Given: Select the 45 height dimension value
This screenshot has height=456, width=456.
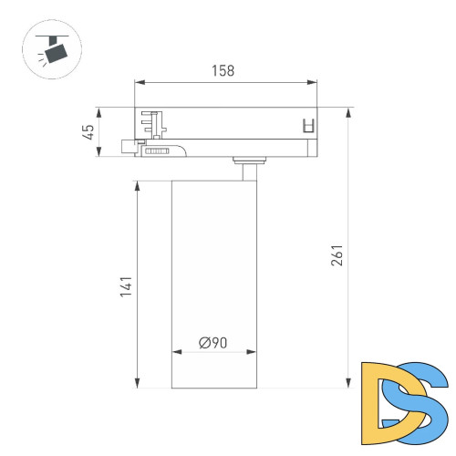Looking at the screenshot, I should click(88, 132).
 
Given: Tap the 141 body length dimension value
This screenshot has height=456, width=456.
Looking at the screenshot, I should click(127, 285).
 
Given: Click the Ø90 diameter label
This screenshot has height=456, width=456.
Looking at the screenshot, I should click(213, 343).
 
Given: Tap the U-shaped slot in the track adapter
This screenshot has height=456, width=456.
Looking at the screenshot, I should click(307, 127).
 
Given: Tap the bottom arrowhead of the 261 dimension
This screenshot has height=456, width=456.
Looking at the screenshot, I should click(348, 386).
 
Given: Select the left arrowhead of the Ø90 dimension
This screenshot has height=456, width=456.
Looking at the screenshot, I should click(175, 352).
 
